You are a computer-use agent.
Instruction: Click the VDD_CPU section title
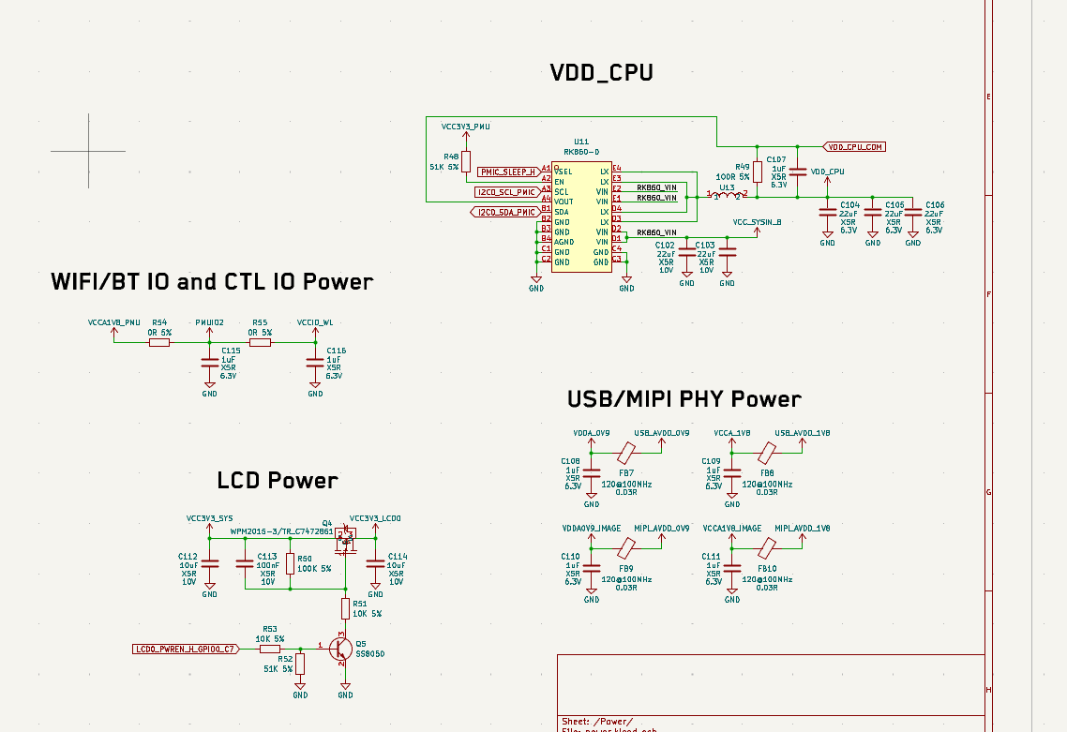[601, 72]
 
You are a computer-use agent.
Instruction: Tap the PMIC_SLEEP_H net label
[507, 172]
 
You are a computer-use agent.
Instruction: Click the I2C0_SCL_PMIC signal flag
[506, 192]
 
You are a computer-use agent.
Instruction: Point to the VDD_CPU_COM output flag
[855, 147]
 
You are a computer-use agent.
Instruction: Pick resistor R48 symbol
[466, 161]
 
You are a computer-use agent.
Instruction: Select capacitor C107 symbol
[798, 172]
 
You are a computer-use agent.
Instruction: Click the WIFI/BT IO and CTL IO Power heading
[212, 281]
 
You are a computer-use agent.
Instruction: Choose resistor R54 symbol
[159, 342]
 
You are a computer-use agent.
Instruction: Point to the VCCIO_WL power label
[315, 322]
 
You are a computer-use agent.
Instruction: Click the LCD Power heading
[277, 481]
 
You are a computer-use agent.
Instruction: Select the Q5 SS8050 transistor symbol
[341, 648]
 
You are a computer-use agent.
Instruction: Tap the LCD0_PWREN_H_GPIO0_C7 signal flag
[186, 649]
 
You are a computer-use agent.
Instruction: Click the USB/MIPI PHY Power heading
[684, 399]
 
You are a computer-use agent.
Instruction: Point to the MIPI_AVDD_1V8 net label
[803, 528]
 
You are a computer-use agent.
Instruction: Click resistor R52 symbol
[300, 664]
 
